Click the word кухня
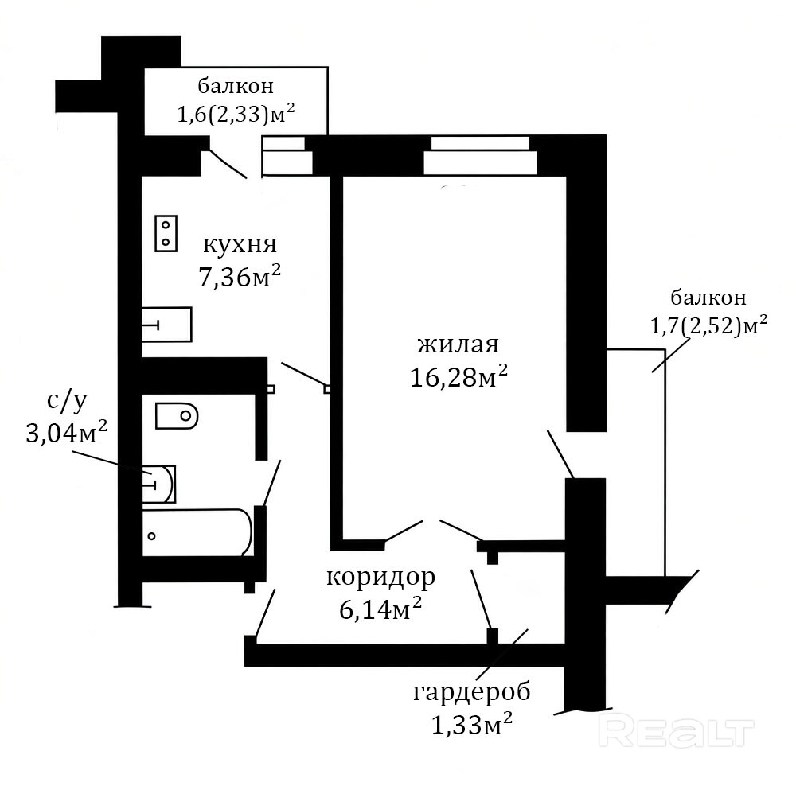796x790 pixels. [240, 245]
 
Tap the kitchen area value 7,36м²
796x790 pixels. [240, 277]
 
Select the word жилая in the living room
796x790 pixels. [458, 345]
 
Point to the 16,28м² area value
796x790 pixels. [458, 376]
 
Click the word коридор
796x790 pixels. [380, 578]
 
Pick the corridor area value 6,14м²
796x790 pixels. [380, 609]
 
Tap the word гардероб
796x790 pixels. [471, 693]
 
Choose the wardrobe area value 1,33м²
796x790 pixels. [471, 723]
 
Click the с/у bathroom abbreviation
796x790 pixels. [67, 401]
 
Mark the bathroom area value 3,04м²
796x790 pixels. [67, 433]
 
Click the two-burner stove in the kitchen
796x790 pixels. [166, 233]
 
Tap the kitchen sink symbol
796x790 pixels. [166, 325]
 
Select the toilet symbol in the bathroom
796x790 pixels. [177, 416]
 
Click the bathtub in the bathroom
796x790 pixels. [197, 532]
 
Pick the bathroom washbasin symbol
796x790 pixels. [159, 484]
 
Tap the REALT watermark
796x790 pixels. [676, 733]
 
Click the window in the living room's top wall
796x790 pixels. [480, 155]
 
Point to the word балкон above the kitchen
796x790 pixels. [236, 86]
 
